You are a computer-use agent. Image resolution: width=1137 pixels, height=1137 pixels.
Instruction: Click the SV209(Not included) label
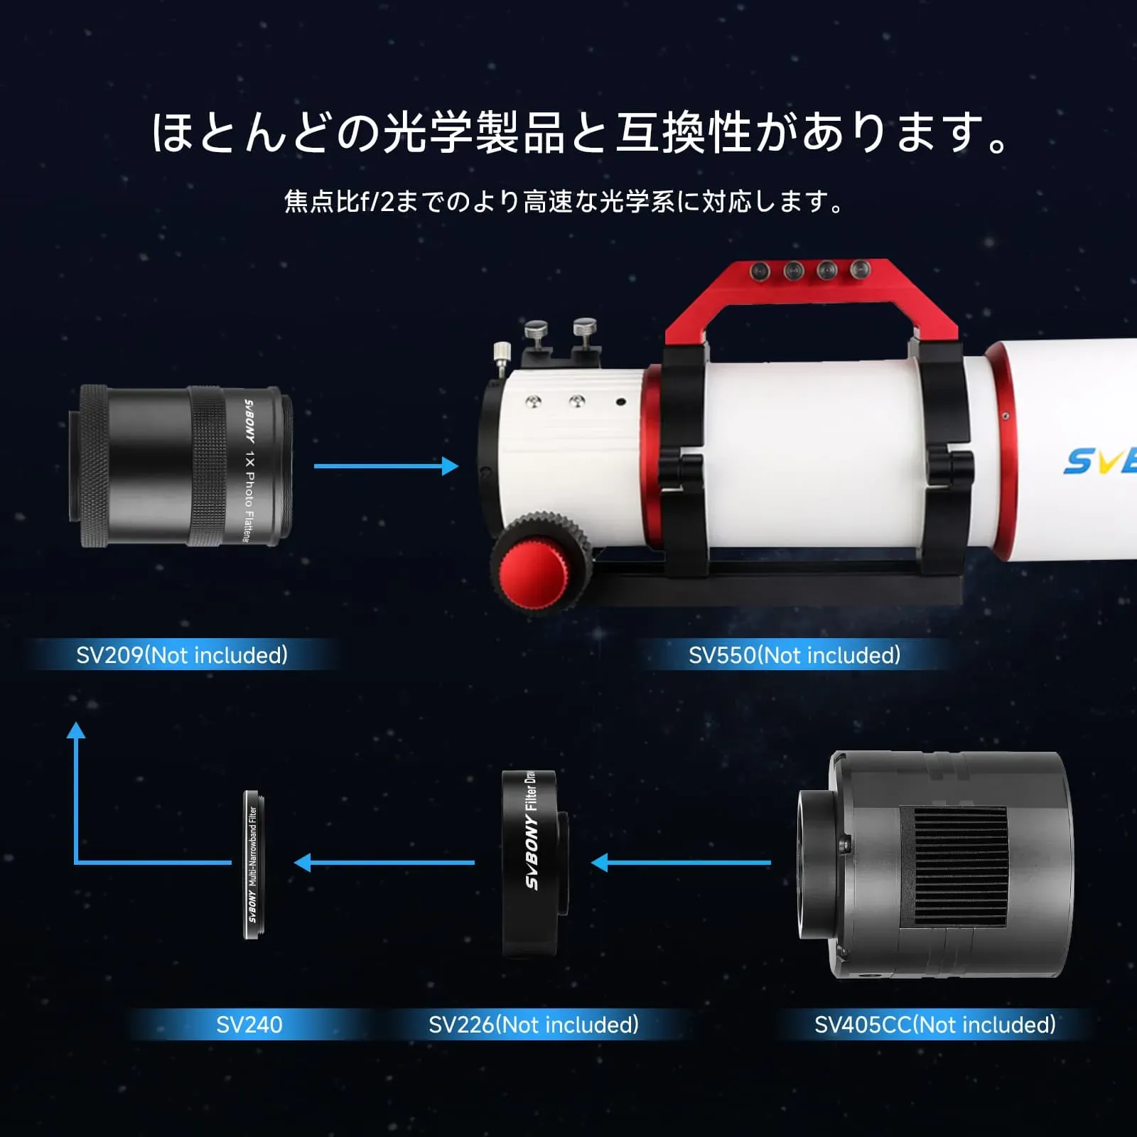pyautogui.click(x=182, y=654)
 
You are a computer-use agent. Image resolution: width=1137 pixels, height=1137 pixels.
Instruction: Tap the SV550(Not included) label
pyautogui.click(x=794, y=654)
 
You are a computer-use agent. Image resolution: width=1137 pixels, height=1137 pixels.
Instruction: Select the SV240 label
pyautogui.click(x=249, y=1024)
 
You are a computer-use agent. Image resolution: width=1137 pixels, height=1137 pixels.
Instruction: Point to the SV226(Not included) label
pyautogui.click(x=534, y=1024)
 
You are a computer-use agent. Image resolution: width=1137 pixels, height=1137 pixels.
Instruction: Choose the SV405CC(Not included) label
pyautogui.click(x=935, y=1024)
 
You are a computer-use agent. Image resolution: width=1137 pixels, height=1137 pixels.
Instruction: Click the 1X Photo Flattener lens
pyautogui.click(x=181, y=465)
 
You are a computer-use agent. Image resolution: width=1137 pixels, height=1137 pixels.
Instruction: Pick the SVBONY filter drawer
pyautogui.click(x=534, y=863)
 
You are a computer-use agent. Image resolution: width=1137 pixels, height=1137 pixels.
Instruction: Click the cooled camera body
pyautogui.click(x=935, y=864)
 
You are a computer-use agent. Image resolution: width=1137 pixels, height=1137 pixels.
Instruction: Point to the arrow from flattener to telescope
pyautogui.click(x=387, y=466)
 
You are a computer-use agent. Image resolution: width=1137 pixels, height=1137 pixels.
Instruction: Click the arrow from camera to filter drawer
pyautogui.click(x=681, y=863)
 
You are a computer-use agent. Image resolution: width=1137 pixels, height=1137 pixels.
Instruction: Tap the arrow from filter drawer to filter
pyautogui.click(x=384, y=863)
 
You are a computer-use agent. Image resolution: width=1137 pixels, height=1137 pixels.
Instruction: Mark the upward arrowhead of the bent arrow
pyautogui.click(x=76, y=731)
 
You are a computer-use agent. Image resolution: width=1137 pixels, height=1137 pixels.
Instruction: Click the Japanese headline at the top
pyautogui.click(x=580, y=133)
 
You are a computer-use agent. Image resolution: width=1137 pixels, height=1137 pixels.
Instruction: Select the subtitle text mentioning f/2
pyautogui.click(x=564, y=202)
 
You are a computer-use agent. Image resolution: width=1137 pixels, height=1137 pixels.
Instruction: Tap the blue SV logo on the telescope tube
pyautogui.click(x=1100, y=460)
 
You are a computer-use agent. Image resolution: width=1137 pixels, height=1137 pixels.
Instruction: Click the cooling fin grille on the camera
pyautogui.click(x=954, y=867)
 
